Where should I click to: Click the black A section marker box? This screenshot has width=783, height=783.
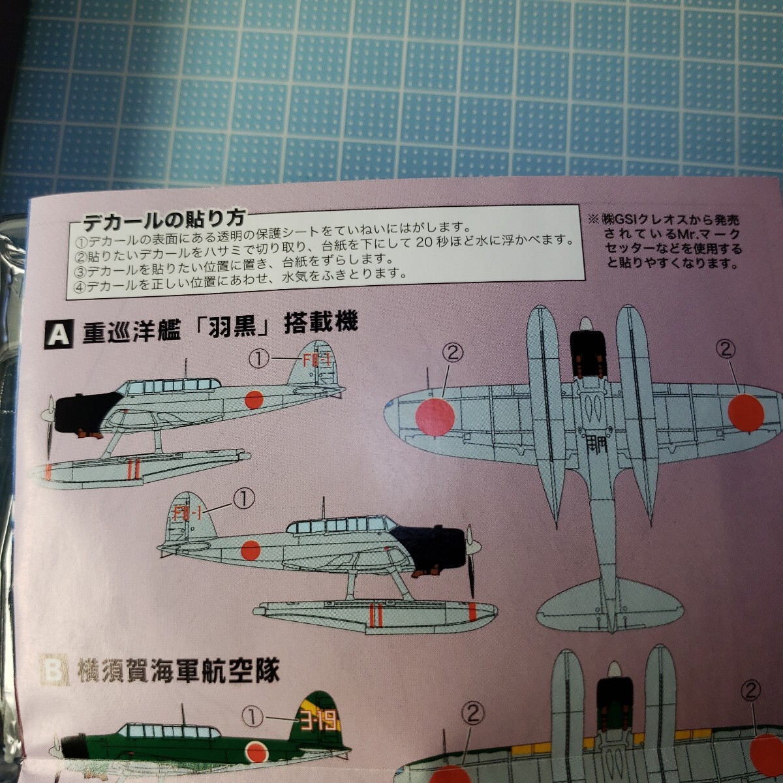tap(59, 334)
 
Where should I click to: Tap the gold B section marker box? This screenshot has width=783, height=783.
tap(55, 670)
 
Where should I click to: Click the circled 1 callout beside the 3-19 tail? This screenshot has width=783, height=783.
tap(253, 718)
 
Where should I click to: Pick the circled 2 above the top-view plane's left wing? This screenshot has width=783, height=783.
tap(452, 353)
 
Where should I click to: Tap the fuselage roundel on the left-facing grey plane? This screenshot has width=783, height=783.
tap(254, 400)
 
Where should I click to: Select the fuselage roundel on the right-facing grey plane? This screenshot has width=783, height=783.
tap(251, 551)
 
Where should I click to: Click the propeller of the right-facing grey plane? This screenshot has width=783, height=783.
tap(470, 560)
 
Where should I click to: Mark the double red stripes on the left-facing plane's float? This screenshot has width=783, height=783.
tap(134, 468)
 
